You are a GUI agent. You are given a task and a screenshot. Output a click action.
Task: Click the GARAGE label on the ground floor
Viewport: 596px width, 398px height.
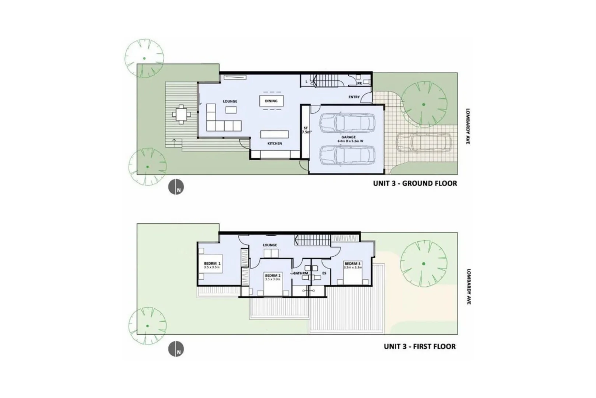(x=348, y=137)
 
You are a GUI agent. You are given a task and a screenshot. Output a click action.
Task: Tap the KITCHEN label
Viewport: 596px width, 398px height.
(x=274, y=143)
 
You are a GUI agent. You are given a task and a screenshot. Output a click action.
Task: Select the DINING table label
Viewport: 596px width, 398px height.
(x=271, y=101)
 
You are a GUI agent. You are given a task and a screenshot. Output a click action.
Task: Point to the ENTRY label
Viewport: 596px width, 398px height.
(x=354, y=97)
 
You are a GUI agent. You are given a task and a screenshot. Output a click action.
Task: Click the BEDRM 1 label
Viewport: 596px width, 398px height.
(x=212, y=263)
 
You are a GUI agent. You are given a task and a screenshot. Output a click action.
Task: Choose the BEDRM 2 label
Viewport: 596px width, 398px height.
(x=273, y=276)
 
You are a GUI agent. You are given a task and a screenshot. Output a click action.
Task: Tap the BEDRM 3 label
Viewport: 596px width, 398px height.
(x=353, y=264)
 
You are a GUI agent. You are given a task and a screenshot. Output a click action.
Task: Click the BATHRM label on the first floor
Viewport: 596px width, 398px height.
(x=301, y=273)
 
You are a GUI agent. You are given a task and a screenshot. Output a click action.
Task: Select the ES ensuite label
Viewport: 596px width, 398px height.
(x=324, y=273)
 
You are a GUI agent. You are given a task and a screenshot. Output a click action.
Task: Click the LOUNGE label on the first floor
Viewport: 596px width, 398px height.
(x=270, y=245)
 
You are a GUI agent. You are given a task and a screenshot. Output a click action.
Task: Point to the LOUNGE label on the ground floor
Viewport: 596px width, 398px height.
(x=230, y=101)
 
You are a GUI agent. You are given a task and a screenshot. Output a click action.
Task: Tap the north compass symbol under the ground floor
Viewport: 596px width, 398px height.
(x=176, y=187)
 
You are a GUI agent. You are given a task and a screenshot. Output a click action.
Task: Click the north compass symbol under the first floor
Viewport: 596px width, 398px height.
(x=176, y=349)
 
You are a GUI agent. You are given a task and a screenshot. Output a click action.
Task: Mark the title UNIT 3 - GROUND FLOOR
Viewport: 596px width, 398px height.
(x=415, y=183)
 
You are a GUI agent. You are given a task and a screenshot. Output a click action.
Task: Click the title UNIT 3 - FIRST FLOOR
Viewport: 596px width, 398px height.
(x=420, y=346)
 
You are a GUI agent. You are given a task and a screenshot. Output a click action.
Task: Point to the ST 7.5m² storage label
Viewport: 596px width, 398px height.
(x=306, y=130)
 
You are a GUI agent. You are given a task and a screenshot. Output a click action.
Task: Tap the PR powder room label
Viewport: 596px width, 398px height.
(x=359, y=84)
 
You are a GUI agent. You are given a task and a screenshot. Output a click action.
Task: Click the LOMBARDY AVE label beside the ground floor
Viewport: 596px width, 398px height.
(x=468, y=126)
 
